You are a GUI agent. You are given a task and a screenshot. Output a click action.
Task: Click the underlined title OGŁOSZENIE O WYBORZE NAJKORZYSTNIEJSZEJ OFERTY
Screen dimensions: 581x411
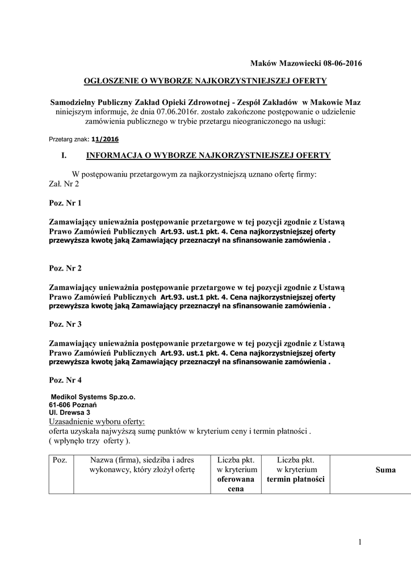point(205,81)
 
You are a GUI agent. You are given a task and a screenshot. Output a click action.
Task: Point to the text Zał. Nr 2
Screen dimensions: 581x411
point(64,184)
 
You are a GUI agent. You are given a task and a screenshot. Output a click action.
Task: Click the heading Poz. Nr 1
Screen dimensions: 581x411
point(65,203)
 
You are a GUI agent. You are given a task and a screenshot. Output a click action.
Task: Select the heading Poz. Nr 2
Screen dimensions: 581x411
point(65,268)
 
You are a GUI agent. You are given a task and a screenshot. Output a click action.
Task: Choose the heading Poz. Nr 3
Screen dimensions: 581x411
point(65,324)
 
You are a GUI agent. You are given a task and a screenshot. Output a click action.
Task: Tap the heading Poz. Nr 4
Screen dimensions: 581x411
point(65,380)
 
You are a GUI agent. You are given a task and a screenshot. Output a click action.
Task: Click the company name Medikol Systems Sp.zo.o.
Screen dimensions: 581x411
point(93,397)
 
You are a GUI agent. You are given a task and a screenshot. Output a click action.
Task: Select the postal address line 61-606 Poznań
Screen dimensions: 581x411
point(73,405)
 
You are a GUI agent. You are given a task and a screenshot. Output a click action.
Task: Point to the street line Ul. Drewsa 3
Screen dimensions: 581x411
point(70,413)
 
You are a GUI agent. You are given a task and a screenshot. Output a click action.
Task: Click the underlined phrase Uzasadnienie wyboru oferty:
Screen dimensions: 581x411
point(97,422)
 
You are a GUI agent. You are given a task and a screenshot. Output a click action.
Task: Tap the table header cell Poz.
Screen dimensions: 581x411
point(60,460)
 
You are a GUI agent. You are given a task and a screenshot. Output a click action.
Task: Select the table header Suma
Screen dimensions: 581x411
point(385,470)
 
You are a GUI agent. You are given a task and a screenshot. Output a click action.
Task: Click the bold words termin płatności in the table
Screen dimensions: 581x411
point(296,479)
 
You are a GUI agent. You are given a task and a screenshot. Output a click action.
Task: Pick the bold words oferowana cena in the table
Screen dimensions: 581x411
point(234,484)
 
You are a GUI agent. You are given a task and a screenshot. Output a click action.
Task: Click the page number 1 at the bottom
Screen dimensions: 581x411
point(359,542)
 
